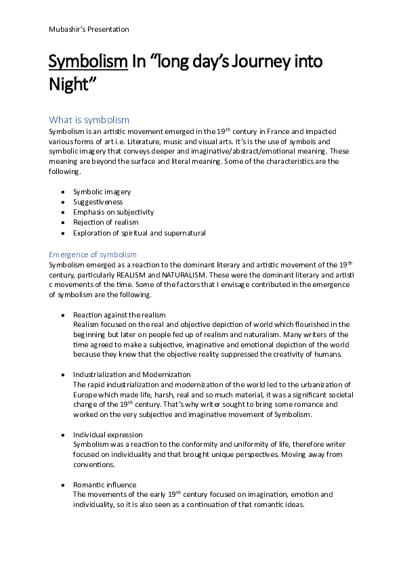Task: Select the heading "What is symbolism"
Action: [x=89, y=120]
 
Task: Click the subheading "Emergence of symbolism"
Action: [x=93, y=254]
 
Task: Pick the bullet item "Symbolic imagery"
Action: [x=102, y=192]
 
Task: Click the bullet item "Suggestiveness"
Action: [x=98, y=202]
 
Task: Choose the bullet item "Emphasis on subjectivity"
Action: [x=114, y=213]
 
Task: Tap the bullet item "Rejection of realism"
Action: [x=106, y=223]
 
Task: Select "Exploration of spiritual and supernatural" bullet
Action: [x=140, y=233]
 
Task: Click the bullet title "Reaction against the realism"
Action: [x=119, y=315]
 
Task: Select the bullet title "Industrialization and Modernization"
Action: [x=132, y=374]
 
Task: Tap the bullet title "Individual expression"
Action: [x=108, y=434]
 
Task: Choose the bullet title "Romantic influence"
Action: [x=105, y=485]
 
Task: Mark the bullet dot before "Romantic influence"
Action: [x=63, y=485]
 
